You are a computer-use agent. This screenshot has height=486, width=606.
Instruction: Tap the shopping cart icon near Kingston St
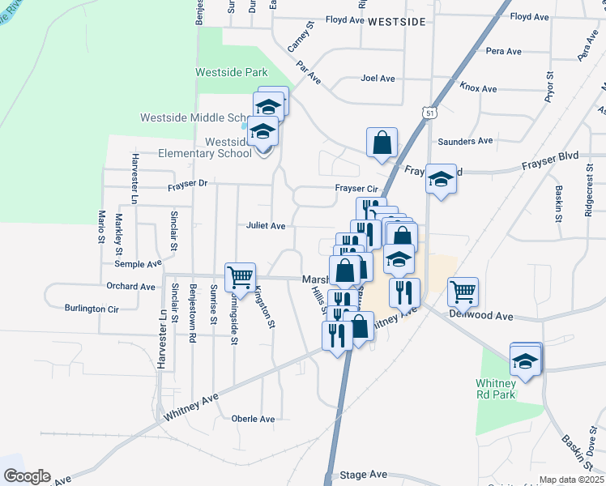click(x=241, y=277)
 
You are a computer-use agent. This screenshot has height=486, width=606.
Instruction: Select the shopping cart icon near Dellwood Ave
click(x=463, y=291)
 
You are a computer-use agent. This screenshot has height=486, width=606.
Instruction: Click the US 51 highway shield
click(x=425, y=114)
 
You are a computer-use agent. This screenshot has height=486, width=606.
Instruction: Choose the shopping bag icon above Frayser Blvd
click(x=382, y=143)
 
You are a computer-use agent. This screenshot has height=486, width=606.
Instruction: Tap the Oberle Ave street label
click(x=253, y=419)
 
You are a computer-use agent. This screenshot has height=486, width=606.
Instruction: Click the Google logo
click(x=27, y=476)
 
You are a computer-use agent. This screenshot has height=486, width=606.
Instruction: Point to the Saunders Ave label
click(x=465, y=141)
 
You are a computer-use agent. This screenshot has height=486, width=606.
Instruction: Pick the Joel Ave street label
click(x=378, y=79)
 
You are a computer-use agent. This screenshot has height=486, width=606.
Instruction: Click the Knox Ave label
click(x=477, y=87)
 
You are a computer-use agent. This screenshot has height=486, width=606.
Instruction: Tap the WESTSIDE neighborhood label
click(x=396, y=23)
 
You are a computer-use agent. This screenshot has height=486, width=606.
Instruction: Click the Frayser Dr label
click(x=188, y=185)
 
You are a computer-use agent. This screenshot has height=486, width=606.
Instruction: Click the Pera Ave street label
click(x=503, y=51)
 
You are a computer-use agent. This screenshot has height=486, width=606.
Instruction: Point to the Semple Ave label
click(x=138, y=264)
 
